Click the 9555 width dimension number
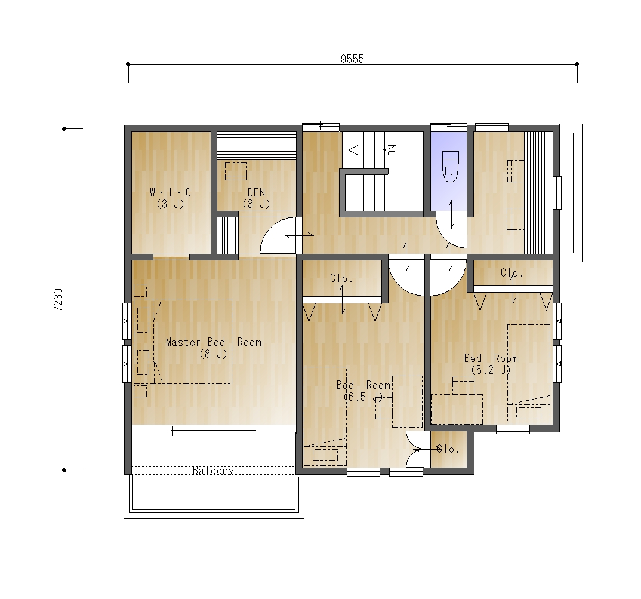click(x=352, y=59)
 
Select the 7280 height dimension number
click(x=58, y=300)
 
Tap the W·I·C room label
click(x=171, y=192)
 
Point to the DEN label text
click(x=256, y=192)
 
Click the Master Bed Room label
click(x=214, y=342)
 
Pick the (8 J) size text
click(x=213, y=354)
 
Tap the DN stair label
click(x=393, y=150)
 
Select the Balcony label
click(x=213, y=471)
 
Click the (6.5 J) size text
click(x=363, y=397)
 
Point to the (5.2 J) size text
click(x=491, y=370)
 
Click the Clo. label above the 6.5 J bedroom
click(x=341, y=279)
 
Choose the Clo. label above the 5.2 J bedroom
click(x=512, y=273)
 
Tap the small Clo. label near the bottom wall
click(x=448, y=449)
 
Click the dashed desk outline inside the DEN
click(x=236, y=171)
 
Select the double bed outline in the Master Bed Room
click(x=193, y=341)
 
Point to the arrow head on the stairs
click(x=352, y=150)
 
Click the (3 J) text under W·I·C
click(x=171, y=204)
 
